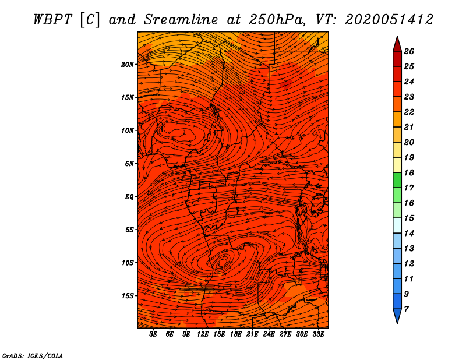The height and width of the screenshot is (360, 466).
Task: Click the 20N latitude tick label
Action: (x=127, y=65)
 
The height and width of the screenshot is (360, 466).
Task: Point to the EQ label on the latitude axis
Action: (x=129, y=197)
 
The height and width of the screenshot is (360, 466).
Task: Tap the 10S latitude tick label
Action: (x=128, y=263)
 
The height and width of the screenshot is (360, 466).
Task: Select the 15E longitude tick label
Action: (x=219, y=334)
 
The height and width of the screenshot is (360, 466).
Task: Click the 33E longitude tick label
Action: (x=318, y=334)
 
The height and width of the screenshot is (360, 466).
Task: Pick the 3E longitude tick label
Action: (x=153, y=334)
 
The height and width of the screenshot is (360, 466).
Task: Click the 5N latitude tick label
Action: (x=129, y=164)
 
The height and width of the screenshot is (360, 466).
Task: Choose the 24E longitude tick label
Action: (x=269, y=334)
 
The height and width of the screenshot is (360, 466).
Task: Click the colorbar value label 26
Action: (x=409, y=51)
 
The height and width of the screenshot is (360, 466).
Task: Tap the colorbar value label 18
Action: (x=409, y=172)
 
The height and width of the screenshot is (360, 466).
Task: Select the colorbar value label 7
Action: (x=406, y=309)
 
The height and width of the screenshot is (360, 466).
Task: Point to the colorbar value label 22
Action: (x=409, y=112)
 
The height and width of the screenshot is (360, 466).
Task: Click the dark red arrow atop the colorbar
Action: (x=397, y=45)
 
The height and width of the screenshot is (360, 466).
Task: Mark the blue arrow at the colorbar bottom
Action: (x=397, y=316)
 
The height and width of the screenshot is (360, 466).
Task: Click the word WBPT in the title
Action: (x=52, y=20)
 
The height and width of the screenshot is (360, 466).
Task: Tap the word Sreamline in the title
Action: (x=181, y=20)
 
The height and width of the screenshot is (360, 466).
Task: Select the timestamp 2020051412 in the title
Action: (x=389, y=20)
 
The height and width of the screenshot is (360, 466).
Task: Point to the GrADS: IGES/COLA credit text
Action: (x=33, y=356)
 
